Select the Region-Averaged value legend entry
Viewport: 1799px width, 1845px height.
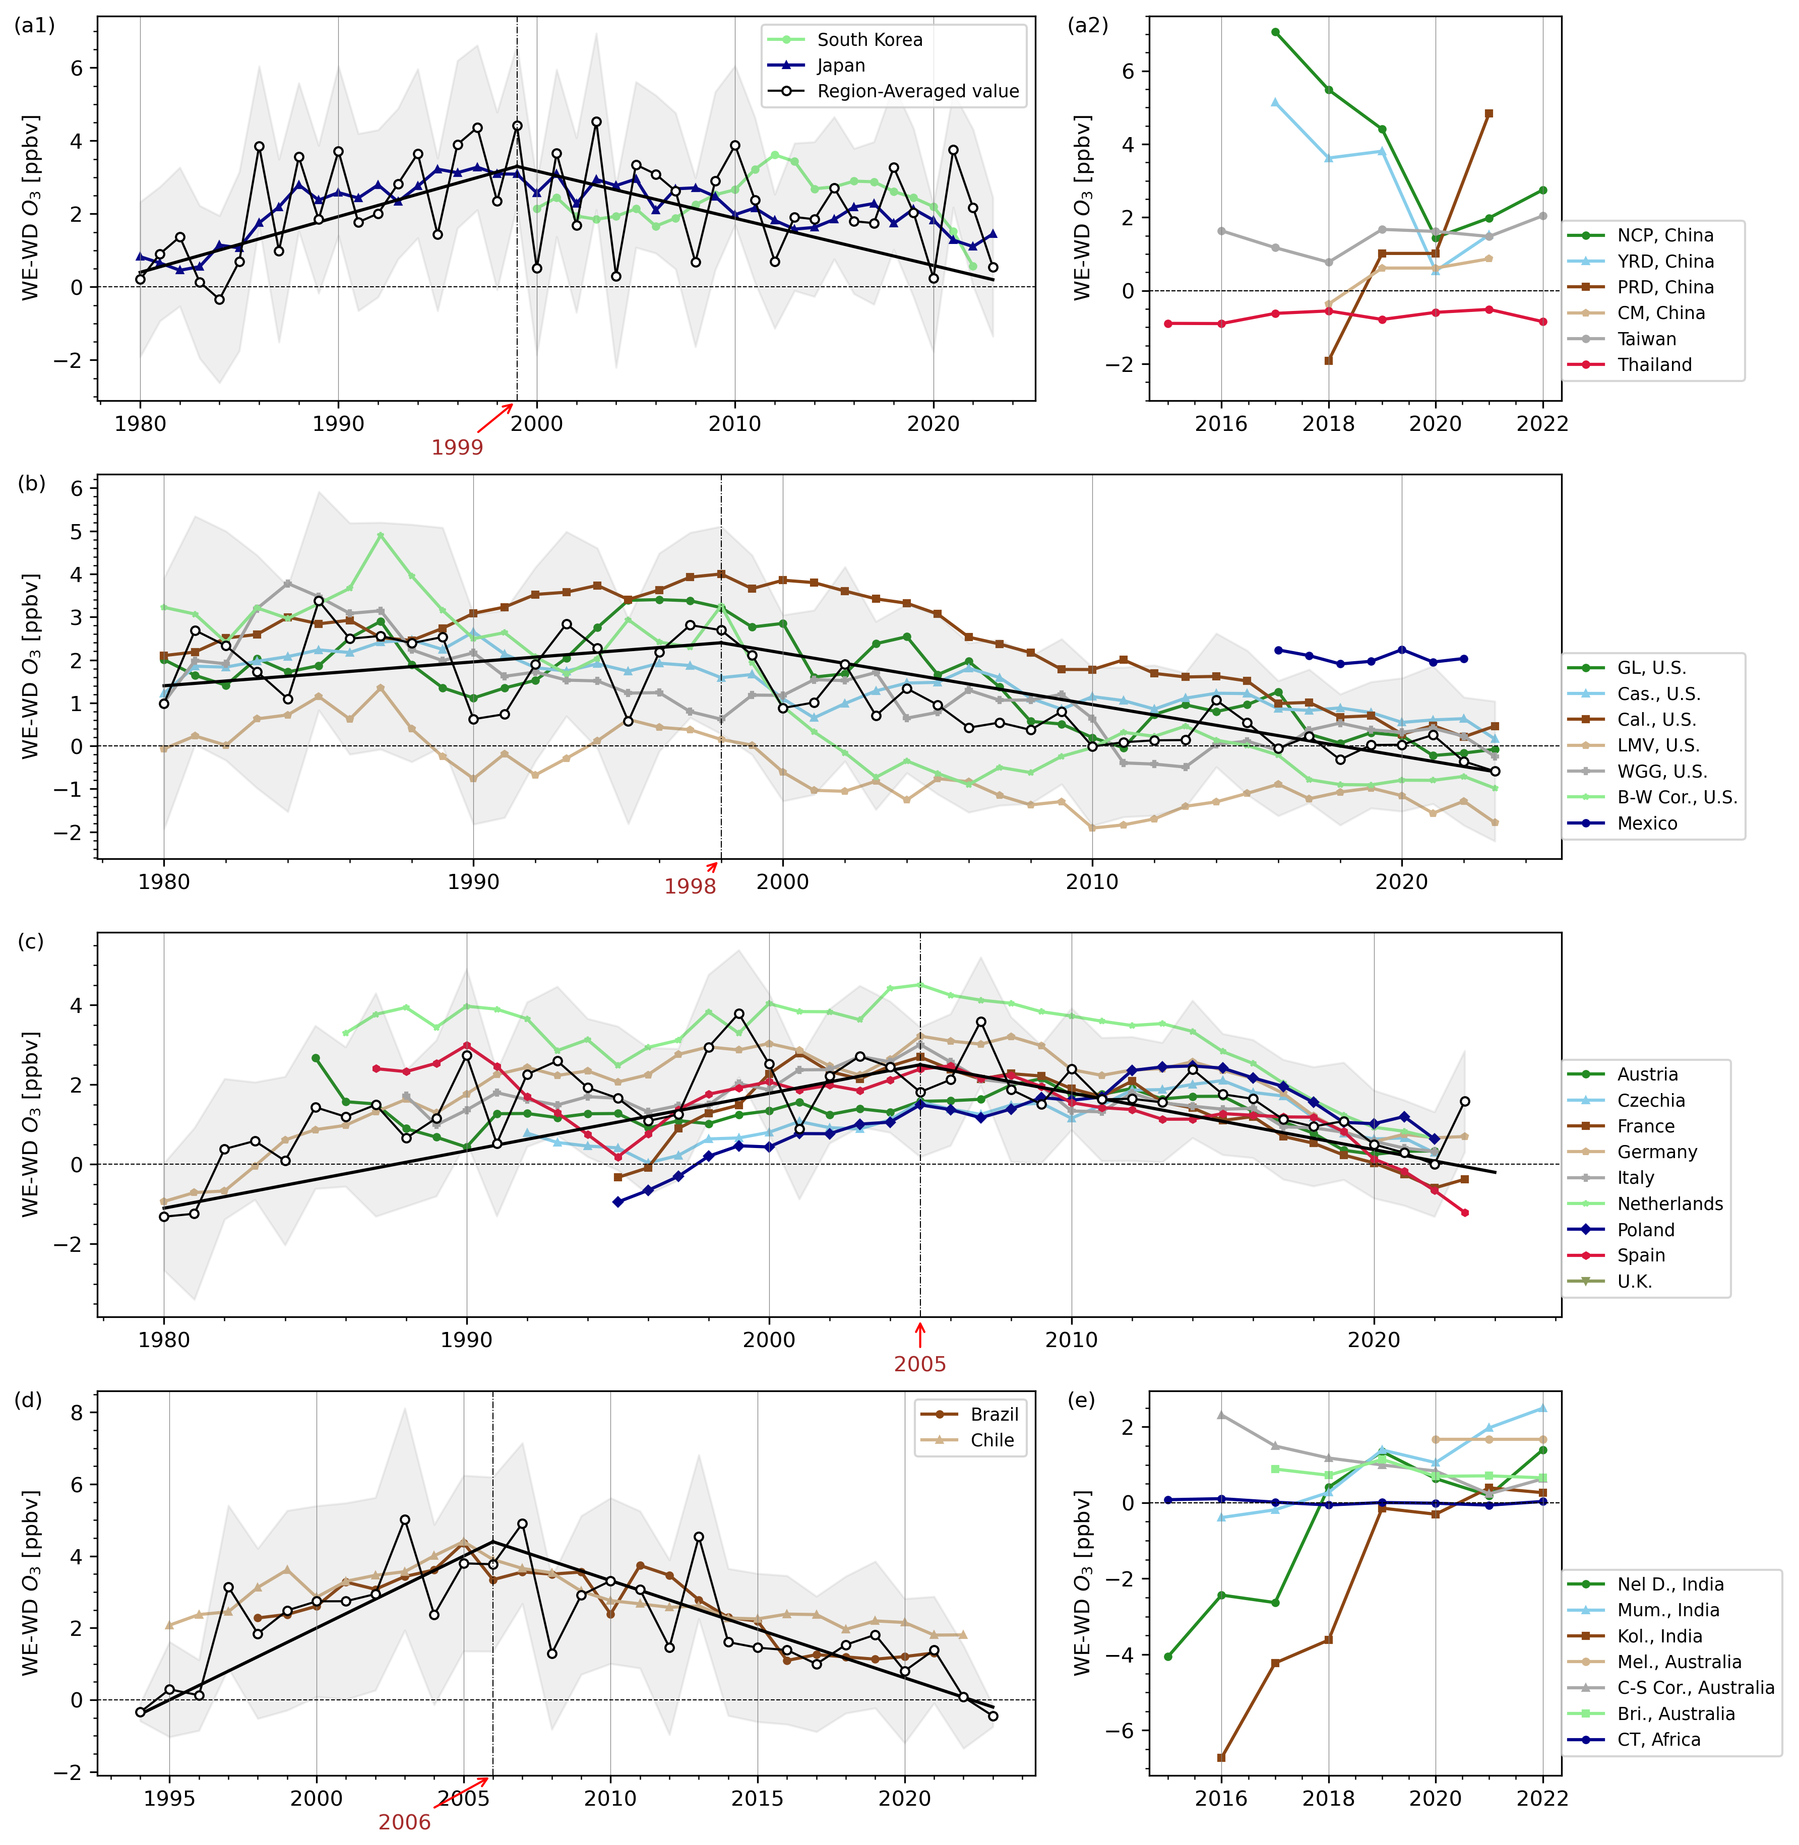[916, 92]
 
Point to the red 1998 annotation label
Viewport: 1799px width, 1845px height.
[690, 886]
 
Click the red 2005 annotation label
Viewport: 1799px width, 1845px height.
[919, 1364]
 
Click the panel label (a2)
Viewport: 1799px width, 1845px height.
[1088, 26]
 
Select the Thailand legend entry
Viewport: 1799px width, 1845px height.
[1653, 365]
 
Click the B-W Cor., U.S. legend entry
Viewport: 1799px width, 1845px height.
[1676, 797]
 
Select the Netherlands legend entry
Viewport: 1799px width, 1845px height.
[1669, 1203]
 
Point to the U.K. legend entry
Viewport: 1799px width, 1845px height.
[1634, 1281]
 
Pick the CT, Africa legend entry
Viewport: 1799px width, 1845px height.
[1658, 1739]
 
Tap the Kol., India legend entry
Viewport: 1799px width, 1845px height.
[1659, 1636]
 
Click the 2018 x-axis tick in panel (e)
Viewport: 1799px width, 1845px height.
[1329, 1798]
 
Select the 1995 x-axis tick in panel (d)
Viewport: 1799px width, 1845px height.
[169, 1798]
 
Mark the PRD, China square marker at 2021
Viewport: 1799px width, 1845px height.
[1489, 113]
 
